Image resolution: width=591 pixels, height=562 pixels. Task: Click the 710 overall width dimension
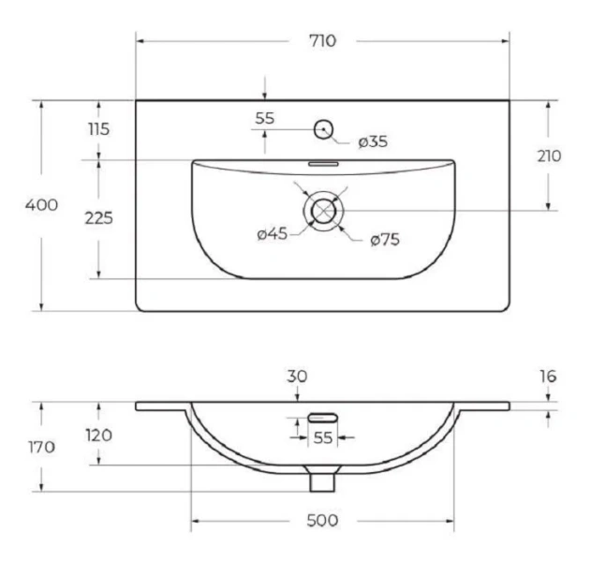(x=322, y=40)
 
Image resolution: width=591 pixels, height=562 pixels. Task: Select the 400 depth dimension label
(x=41, y=205)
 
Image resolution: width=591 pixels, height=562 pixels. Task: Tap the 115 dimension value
(x=98, y=129)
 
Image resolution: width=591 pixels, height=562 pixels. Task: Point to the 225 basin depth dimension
(x=98, y=218)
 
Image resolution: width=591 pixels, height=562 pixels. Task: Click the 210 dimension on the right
(x=549, y=156)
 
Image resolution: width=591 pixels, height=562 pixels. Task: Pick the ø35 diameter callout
(x=373, y=141)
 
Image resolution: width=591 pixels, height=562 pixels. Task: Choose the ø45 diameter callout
(x=273, y=234)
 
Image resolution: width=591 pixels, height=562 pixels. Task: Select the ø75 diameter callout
(x=385, y=240)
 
